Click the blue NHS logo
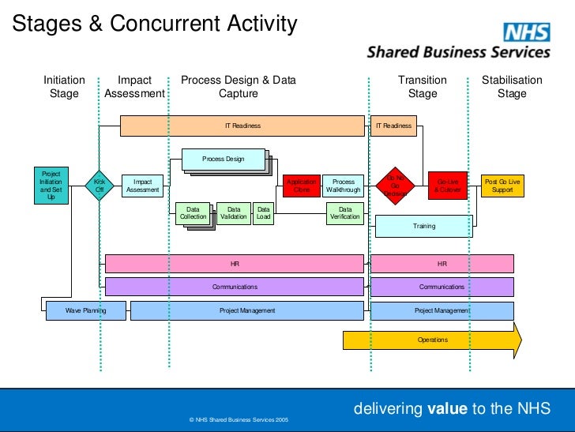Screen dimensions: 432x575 click(x=527, y=32)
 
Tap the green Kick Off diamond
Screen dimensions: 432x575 click(x=100, y=186)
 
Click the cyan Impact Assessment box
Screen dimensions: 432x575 click(x=142, y=186)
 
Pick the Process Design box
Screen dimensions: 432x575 click(x=224, y=160)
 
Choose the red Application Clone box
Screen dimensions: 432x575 click(x=302, y=186)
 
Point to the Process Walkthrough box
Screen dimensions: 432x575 click(x=344, y=186)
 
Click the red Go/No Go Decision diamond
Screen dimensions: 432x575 click(x=396, y=186)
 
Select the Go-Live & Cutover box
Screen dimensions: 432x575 click(x=448, y=186)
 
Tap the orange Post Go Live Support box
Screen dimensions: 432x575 click(x=502, y=186)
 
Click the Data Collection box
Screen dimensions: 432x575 click(x=193, y=213)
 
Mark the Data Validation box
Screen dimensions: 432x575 click(x=234, y=213)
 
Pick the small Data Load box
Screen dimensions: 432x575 click(x=264, y=213)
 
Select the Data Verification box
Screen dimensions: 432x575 click(x=345, y=213)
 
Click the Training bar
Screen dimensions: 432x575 click(x=424, y=227)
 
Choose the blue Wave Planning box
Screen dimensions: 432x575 click(x=86, y=310)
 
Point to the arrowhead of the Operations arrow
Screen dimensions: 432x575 click(x=516, y=340)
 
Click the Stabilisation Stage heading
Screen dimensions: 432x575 click(x=512, y=87)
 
